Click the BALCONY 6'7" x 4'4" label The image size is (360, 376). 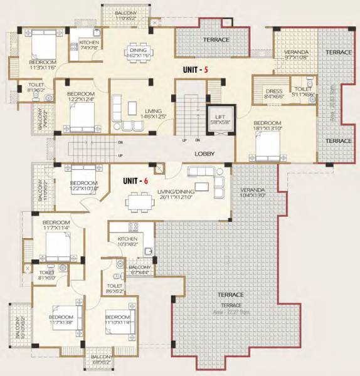tap(140, 270)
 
